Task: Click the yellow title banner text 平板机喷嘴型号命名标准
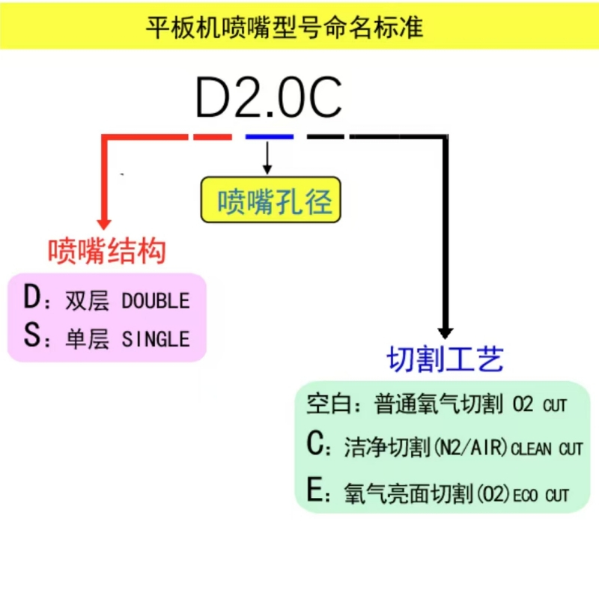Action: (x=285, y=27)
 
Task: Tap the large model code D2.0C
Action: (x=269, y=97)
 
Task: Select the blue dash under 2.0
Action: (x=270, y=136)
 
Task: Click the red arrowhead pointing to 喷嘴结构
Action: (x=104, y=224)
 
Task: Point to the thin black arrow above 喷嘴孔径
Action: (x=267, y=157)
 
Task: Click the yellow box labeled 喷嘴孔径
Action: (x=271, y=199)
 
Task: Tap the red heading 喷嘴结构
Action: (x=107, y=251)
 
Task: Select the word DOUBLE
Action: (x=156, y=301)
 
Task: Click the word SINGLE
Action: (x=156, y=339)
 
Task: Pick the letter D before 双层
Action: (x=31, y=297)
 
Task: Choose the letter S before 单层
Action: (x=31, y=335)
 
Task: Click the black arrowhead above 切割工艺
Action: (x=446, y=333)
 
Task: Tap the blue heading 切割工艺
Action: (x=446, y=359)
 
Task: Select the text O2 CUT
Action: (x=539, y=404)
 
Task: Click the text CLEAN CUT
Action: (x=547, y=449)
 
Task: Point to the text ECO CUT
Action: (x=541, y=496)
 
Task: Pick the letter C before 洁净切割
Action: (x=315, y=443)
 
